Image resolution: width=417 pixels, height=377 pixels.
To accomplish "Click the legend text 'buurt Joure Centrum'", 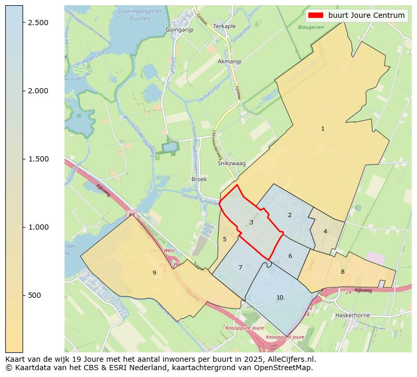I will (366, 15).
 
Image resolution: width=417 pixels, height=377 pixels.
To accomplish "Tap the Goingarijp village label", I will (180, 30).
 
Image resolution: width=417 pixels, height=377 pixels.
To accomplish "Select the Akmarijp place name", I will (229, 61).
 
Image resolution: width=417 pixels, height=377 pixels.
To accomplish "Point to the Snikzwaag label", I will (231, 164).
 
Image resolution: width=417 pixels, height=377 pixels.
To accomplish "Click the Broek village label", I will (199, 179).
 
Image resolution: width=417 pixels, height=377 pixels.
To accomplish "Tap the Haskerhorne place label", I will (352, 315).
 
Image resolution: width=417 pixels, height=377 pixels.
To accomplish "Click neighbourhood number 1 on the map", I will (323, 128).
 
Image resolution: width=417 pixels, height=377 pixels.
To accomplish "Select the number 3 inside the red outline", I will (251, 223).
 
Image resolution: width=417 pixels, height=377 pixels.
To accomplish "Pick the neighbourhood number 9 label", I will (154, 273).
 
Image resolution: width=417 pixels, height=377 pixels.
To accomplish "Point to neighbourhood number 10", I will (280, 297).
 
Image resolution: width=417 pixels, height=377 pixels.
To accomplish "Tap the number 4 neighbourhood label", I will (325, 231).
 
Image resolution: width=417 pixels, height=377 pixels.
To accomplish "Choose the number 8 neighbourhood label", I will (343, 272).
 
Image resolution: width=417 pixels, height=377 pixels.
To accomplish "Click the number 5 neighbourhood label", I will (224, 239).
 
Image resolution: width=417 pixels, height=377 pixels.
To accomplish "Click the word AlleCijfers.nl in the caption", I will (291, 360).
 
